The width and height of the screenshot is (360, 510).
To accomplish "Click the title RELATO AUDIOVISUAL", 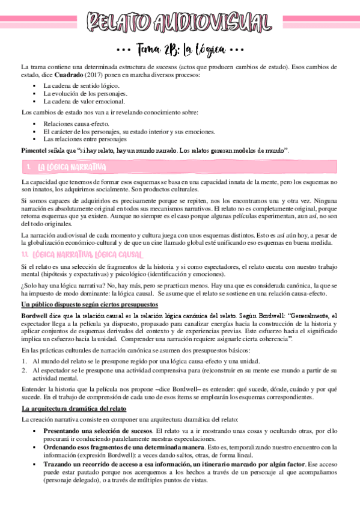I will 180,22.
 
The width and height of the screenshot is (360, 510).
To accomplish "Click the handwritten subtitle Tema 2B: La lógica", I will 180,49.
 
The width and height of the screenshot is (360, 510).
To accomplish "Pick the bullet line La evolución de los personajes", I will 85,94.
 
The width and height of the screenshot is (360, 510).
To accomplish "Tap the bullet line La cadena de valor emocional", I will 84,102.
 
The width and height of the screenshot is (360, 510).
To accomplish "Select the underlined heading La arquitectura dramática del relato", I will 73,408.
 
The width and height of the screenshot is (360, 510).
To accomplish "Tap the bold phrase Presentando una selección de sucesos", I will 98,431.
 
